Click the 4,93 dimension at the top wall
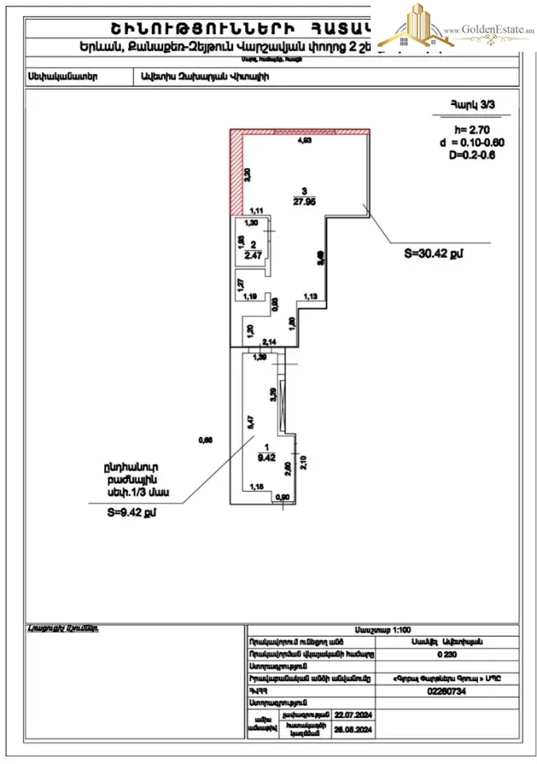point(304,142)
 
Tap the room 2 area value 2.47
point(252,255)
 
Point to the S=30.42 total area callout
point(433,254)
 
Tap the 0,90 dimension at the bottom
point(282,497)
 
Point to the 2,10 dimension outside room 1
point(302,460)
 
